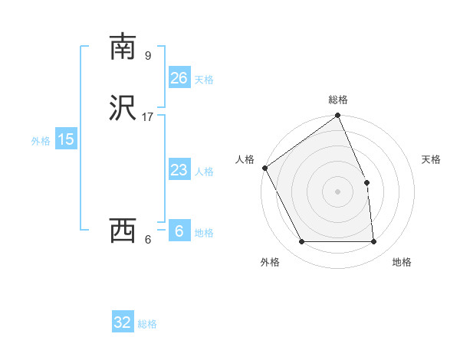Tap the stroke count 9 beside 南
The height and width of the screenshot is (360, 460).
tap(147, 55)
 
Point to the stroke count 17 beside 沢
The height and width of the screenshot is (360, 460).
tap(147, 117)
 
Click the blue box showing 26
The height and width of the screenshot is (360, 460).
tap(179, 78)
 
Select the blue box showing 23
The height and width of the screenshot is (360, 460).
tap(179, 170)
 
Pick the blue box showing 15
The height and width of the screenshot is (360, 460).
tap(65, 139)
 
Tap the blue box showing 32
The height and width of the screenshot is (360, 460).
tap(123, 322)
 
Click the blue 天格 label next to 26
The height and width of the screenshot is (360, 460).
tap(204, 80)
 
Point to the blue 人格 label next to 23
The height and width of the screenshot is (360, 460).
tap(204, 172)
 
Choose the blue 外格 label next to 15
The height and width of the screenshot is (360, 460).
tap(41, 141)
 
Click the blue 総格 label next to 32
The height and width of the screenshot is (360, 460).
tap(148, 324)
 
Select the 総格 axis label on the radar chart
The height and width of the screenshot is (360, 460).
tap(338, 100)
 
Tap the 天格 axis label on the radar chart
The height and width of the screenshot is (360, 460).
tap(432, 159)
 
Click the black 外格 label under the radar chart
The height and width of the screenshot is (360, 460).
tap(270, 262)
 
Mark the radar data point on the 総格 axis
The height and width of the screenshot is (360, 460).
tap(338, 116)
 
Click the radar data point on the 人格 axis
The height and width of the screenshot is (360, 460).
tap(264, 168)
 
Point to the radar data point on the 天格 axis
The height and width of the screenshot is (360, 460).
tap(367, 182)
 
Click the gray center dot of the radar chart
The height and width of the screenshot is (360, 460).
tap(338, 191)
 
